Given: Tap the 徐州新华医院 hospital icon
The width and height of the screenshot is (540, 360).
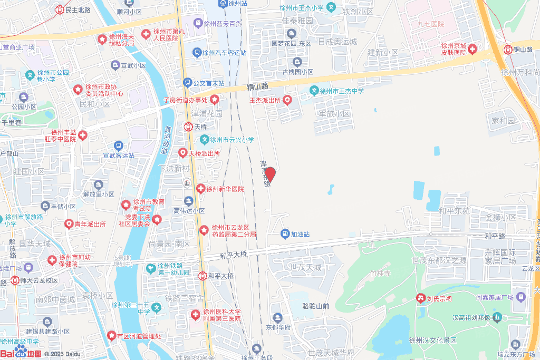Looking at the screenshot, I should pos(200,189).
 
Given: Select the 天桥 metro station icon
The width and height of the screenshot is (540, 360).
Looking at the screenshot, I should pos(188,127).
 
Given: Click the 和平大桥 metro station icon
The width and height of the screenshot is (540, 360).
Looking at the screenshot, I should pos(202,276).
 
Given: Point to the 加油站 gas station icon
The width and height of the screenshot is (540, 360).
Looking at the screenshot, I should pos(285,233).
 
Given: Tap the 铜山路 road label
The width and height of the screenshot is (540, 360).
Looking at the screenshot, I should pos(257,86).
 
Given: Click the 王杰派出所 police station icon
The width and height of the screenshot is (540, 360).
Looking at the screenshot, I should pos(287,100).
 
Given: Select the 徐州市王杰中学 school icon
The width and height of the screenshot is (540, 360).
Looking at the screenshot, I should pos(314,91).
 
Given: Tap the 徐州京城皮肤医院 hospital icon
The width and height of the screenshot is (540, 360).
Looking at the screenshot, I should pos(472,49).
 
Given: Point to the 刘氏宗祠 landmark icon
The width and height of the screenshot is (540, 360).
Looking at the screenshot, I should pos(421,299).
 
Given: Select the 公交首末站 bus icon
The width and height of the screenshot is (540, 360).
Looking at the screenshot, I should pos(187,83).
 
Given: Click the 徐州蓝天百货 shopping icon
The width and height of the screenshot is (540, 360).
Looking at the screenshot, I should pos(198,23).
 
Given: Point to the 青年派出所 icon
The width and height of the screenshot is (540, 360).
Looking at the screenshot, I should pos(69,224).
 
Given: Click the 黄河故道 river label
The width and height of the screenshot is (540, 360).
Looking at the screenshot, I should pos(168,140).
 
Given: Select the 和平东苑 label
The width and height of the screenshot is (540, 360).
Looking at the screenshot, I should pos(454,210).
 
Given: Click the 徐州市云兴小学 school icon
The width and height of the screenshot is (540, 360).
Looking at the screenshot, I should pos(205,140).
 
